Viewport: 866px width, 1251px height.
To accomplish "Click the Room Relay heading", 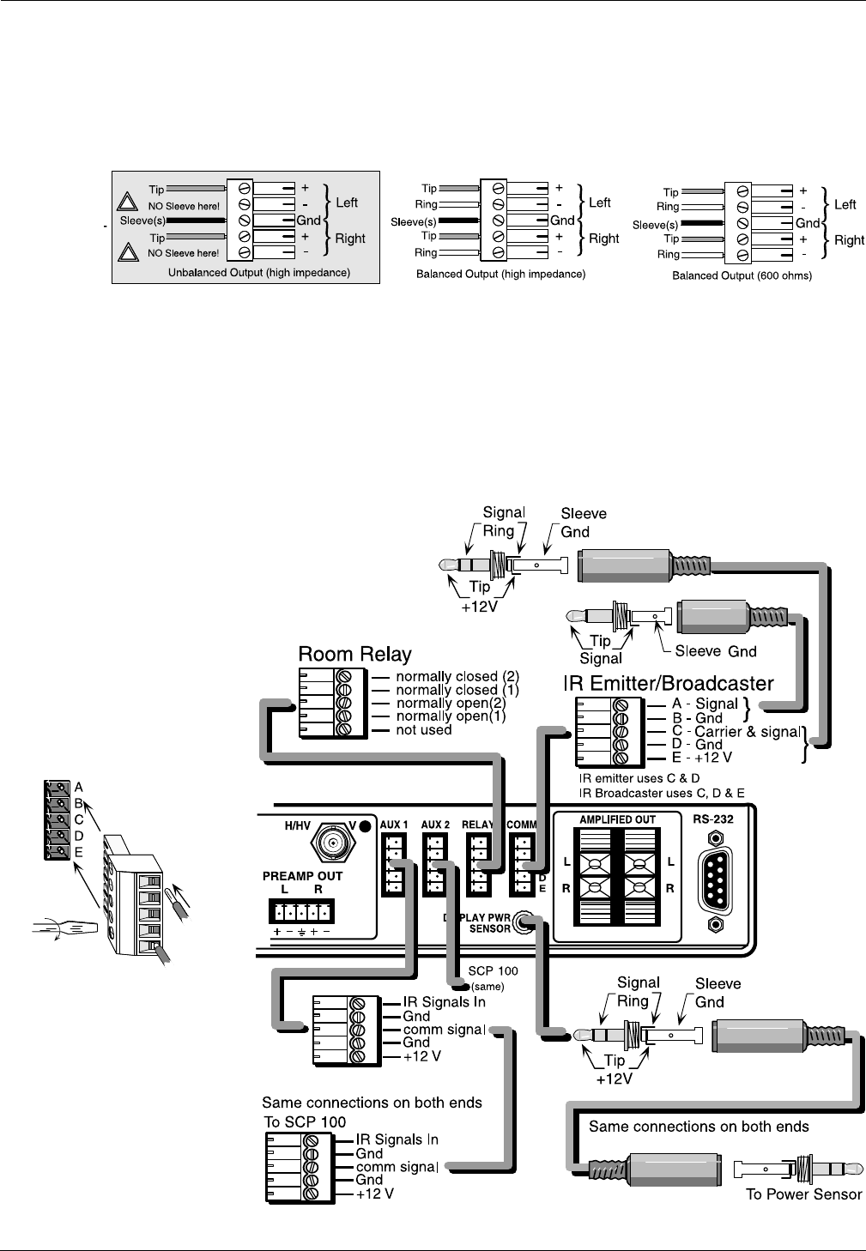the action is point(354,655).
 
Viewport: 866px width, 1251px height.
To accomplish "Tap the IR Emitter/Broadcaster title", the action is point(668,684).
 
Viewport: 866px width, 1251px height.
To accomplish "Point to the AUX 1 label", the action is point(394,825).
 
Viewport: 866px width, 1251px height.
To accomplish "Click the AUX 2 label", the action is point(435,825).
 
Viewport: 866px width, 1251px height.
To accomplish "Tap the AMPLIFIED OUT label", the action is point(617,819).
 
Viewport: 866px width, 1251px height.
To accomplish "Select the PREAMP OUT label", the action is point(302,876).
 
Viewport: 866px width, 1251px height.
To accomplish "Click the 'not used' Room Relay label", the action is point(423,730).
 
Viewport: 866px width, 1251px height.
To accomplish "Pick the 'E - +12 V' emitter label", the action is point(701,758).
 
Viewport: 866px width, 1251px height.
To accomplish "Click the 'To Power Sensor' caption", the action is point(803,1194).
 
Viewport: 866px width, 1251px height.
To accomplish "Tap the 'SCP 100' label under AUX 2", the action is point(493,971).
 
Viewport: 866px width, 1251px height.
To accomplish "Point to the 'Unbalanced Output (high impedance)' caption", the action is point(258,273).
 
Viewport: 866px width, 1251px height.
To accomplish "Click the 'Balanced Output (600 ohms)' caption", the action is point(742,275).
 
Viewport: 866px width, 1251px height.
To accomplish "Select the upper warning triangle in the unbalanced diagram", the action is point(129,203).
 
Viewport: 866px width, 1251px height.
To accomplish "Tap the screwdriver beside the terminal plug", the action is point(64,928).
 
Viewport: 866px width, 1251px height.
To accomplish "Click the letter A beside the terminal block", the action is point(79,787).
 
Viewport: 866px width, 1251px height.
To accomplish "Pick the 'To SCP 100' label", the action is point(305,1122).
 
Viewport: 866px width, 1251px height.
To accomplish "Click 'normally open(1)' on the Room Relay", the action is point(451,716).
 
